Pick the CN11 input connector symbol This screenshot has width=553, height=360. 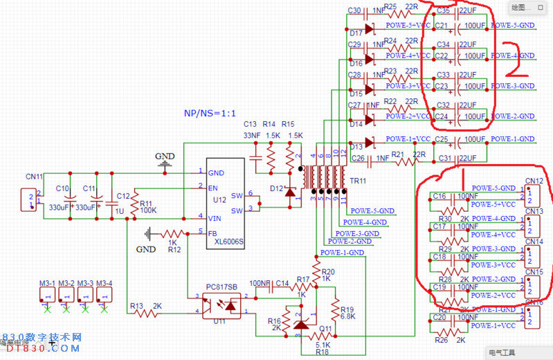pyautogui.click(x=29, y=200)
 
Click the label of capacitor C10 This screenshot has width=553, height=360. pyautogui.click(x=62, y=188)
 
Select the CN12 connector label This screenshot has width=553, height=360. pyautogui.click(x=534, y=181)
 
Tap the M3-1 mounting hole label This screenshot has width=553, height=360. pyautogui.click(x=47, y=283)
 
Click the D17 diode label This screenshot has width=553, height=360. pyautogui.click(x=356, y=33)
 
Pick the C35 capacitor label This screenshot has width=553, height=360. pyautogui.click(x=443, y=10)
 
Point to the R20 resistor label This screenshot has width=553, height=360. pyautogui.click(x=328, y=271)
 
